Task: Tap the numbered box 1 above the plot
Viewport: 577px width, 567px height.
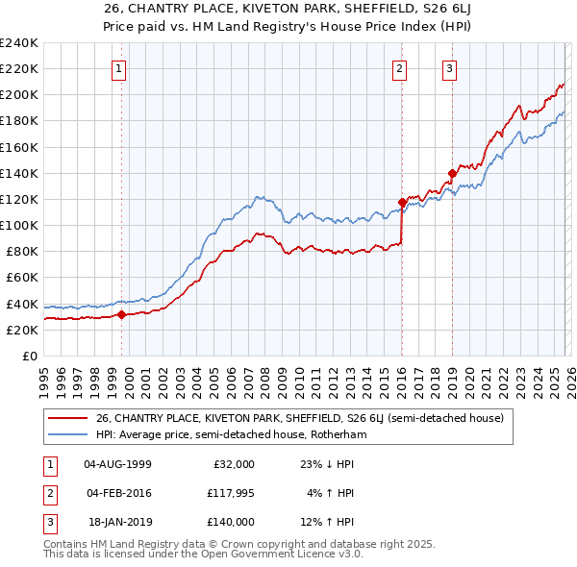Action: tap(118, 67)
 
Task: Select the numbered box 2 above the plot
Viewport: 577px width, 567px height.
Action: tap(398, 67)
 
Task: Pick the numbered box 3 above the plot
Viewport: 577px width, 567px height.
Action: tap(449, 67)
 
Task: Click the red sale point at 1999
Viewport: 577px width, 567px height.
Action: tap(122, 313)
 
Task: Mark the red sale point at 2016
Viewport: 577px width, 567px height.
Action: tap(402, 202)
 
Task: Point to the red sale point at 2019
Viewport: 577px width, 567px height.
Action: tap(452, 173)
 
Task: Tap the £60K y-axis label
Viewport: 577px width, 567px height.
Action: tap(22, 278)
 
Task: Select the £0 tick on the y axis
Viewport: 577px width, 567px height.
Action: tap(29, 356)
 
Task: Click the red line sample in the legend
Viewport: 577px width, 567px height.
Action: tap(69, 418)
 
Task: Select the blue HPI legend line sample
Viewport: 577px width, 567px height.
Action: tap(69, 434)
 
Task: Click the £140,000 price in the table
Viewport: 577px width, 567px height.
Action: tap(231, 522)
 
